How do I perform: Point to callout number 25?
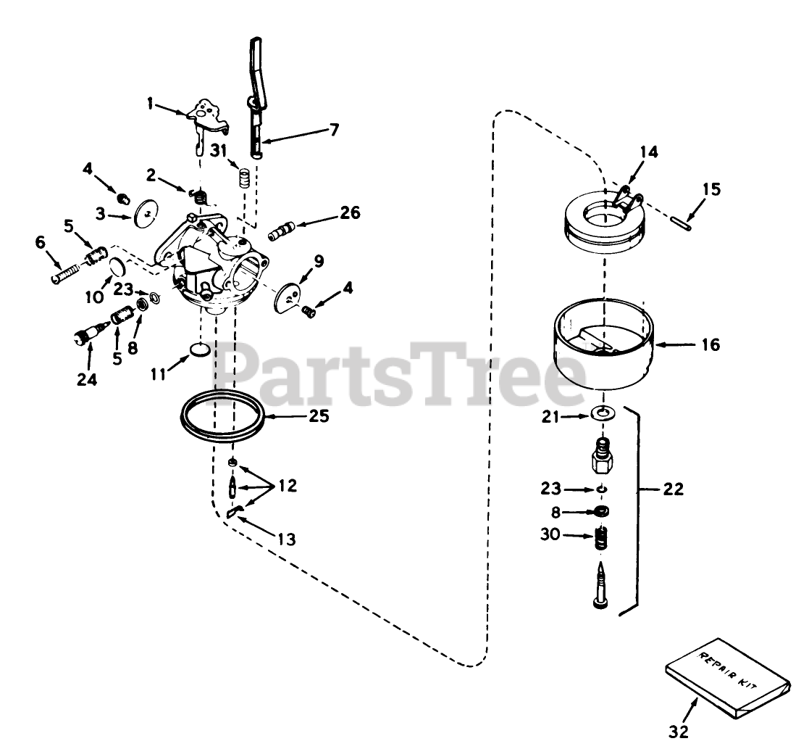[319, 416]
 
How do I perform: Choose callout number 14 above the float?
[649, 152]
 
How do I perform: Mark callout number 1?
[150, 104]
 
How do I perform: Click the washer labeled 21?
[600, 414]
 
